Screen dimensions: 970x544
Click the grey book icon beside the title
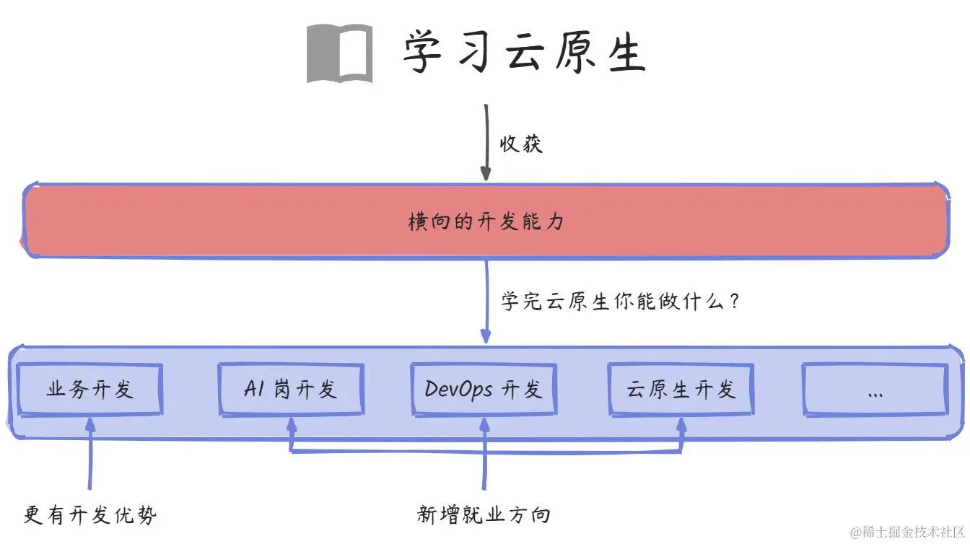click(339, 53)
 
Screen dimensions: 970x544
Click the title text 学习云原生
click(523, 53)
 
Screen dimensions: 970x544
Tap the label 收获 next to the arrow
click(521, 144)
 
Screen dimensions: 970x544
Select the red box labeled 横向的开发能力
click(485, 221)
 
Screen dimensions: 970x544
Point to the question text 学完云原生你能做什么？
click(621, 300)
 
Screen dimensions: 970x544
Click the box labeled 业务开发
click(89, 390)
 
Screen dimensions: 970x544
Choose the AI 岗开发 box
click(291, 390)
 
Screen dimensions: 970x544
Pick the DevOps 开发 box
click(484, 390)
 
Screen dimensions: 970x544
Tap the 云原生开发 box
click(681, 390)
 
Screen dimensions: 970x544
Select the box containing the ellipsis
click(875, 390)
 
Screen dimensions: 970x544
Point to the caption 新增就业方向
click(484, 514)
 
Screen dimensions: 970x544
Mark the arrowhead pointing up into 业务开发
click(89, 424)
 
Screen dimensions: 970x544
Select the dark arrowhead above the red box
click(486, 174)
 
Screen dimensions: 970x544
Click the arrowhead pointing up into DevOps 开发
click(484, 424)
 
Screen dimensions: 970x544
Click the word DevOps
click(458, 390)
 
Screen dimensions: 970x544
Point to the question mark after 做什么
click(734, 300)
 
